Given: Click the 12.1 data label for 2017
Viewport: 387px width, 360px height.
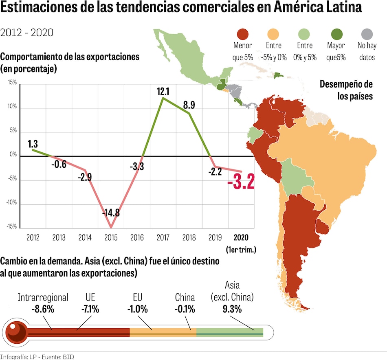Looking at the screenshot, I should [163, 92].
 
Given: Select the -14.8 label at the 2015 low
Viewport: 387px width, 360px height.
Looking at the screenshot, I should [111, 213].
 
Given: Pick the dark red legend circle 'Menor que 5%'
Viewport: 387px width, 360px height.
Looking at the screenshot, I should [242, 34].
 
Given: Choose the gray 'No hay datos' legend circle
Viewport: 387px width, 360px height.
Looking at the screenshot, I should [367, 34].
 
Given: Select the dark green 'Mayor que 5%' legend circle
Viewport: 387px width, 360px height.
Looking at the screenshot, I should [336, 34].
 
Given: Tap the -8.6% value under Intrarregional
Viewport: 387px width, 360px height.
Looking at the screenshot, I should [43, 309].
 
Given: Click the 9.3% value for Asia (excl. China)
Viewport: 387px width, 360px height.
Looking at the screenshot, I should [232, 309].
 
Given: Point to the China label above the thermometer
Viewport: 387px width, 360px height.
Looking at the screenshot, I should [185, 298].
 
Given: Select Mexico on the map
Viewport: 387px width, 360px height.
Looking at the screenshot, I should [183, 61].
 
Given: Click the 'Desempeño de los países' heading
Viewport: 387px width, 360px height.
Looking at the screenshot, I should [346, 90].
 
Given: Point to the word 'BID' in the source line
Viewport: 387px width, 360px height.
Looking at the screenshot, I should [68, 357].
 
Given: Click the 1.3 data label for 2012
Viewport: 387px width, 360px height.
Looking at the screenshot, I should [33, 144].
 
